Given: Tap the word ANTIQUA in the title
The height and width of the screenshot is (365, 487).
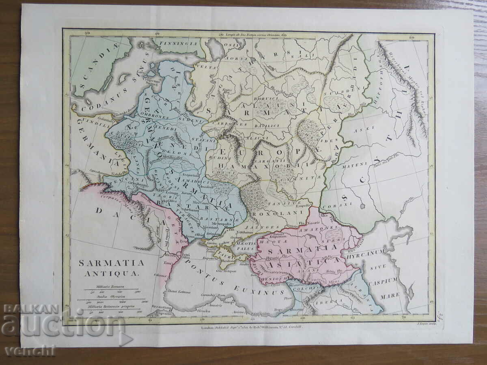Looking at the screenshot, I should pos(111,274).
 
